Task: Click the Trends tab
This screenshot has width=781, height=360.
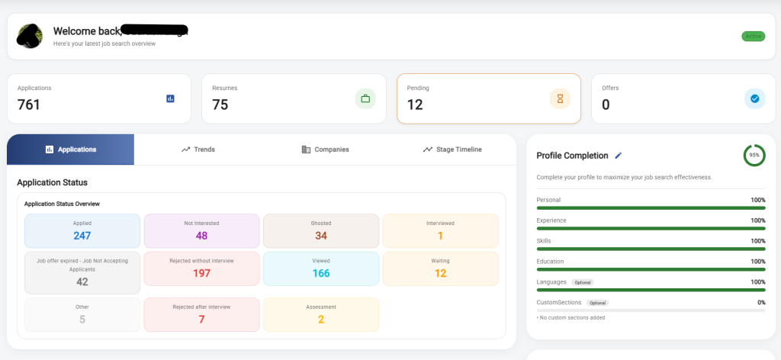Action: [x=198, y=149]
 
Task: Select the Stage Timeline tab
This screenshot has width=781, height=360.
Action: [x=452, y=149]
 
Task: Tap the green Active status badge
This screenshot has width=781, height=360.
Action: [x=753, y=36]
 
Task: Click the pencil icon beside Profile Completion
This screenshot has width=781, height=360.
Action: [x=619, y=156]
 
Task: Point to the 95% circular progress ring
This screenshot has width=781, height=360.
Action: [x=754, y=156]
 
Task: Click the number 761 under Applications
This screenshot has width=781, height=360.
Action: [x=29, y=105]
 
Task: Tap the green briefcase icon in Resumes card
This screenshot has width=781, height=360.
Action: [x=365, y=98]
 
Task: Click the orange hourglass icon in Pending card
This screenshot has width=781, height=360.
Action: [x=560, y=98]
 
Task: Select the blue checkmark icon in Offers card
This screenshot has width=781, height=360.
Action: [x=754, y=98]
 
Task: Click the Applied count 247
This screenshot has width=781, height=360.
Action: [x=82, y=236]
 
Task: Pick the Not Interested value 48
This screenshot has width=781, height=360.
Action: [x=201, y=236]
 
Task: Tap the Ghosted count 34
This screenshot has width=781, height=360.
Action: [x=321, y=236]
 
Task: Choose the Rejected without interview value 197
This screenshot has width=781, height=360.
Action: [x=201, y=274]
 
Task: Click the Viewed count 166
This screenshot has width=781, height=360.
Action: [x=321, y=274]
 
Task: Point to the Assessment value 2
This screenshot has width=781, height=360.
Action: [x=321, y=320]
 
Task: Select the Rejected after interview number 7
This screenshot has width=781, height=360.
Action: [x=201, y=320]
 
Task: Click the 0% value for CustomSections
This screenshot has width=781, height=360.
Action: [x=760, y=303]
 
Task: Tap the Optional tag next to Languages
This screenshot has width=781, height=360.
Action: [x=583, y=282]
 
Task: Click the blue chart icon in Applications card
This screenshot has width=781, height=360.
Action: [x=170, y=98]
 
